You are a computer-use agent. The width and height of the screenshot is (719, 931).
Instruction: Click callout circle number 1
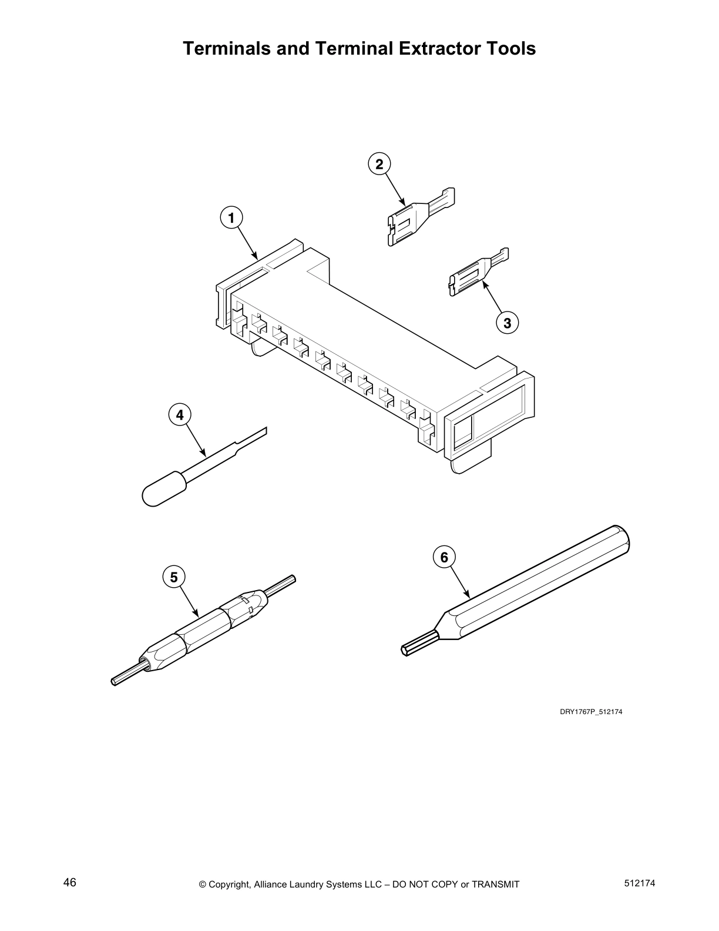pyautogui.click(x=231, y=218)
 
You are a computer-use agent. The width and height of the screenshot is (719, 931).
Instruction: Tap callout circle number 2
pyautogui.click(x=379, y=164)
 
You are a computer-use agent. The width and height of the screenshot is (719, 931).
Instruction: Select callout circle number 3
pyautogui.click(x=508, y=323)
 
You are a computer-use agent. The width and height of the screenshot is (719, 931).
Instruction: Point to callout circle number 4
pyautogui.click(x=180, y=414)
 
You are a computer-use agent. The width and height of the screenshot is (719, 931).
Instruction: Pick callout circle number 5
pyautogui.click(x=174, y=577)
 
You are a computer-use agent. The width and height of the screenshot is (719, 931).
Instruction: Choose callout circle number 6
pyautogui.click(x=444, y=557)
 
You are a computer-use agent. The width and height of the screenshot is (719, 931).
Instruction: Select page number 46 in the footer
pyautogui.click(x=70, y=883)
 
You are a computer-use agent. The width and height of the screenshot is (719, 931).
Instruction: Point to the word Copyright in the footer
pyautogui.click(x=230, y=885)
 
